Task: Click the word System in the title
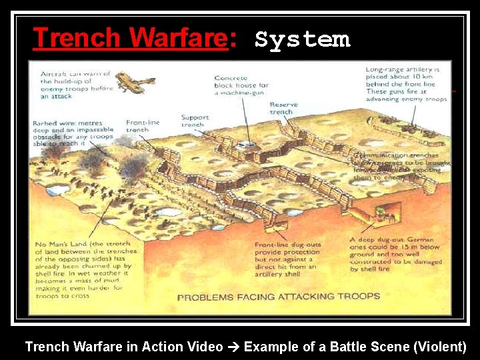click(x=302, y=39)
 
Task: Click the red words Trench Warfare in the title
click(x=130, y=38)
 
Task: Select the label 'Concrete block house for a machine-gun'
click(x=241, y=85)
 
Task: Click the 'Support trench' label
click(x=195, y=121)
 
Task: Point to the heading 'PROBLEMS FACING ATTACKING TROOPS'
click(x=278, y=297)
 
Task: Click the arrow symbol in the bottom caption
click(x=233, y=347)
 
